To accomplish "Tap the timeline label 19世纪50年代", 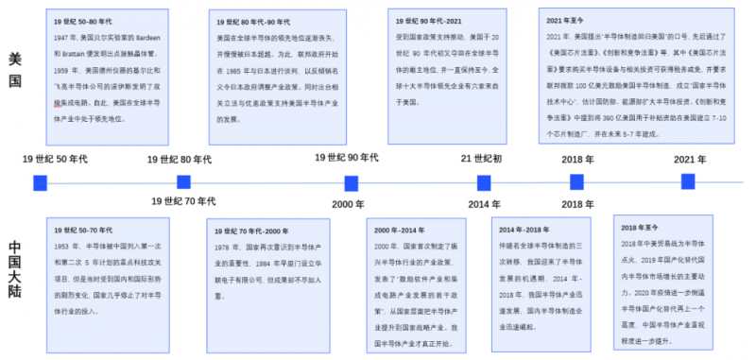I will tap(56, 159).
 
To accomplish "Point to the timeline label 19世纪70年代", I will tap(184, 201).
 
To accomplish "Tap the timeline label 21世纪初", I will tap(481, 158).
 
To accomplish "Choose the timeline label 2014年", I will tap(484, 204).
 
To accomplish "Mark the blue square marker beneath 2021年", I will tap(688, 180).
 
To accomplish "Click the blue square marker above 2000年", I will tap(351, 182).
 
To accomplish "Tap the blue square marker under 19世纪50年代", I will tap(41, 182).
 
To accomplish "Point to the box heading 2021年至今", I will tap(566, 20).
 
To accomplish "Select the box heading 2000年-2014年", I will tap(401, 229).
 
